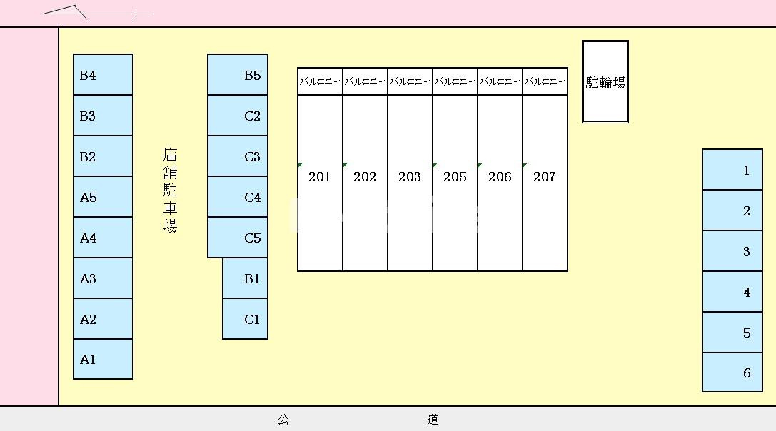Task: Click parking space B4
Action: point(103,75)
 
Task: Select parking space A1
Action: point(103,359)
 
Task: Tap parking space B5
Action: point(238,75)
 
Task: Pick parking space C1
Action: point(245,319)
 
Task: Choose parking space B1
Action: point(245,278)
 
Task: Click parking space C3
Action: point(238,156)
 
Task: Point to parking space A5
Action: point(103,197)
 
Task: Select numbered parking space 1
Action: point(732,169)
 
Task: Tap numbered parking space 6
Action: point(732,372)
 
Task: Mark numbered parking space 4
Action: point(732,291)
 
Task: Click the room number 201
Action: point(319,177)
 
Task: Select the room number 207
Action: point(545,177)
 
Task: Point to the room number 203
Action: point(410,177)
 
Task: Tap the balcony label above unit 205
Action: point(455,81)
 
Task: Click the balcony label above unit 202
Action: point(365,81)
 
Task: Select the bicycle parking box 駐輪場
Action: point(605,81)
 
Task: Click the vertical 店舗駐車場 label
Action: point(170,191)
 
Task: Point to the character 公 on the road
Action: point(283,420)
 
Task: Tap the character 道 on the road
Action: point(433,420)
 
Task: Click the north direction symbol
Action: point(99,14)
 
